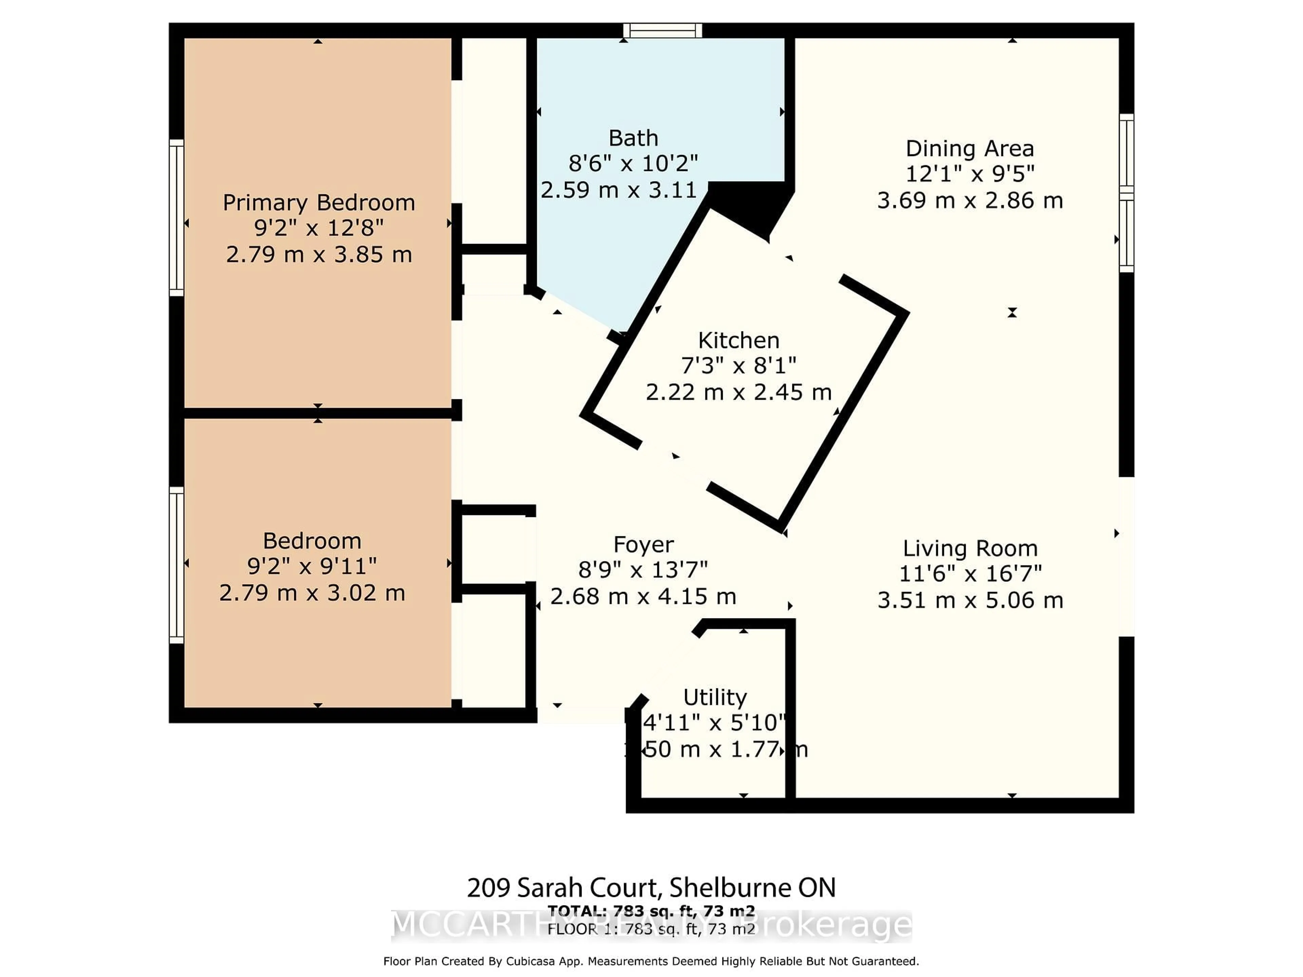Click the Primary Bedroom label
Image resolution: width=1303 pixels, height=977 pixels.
tap(319, 203)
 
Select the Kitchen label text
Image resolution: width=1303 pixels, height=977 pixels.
tap(739, 340)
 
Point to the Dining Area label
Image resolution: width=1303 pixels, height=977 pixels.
tap(969, 148)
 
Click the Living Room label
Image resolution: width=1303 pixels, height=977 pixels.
tap(969, 548)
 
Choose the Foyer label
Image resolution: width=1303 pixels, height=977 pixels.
tap(643, 545)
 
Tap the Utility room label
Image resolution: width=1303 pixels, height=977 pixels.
tap(715, 697)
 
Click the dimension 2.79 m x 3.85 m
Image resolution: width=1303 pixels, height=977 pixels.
tap(319, 254)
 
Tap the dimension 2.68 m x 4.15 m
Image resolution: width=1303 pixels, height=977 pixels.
tap(643, 597)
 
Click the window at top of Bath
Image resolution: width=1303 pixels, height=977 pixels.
tap(663, 31)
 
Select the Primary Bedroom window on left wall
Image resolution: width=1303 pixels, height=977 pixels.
tap(176, 218)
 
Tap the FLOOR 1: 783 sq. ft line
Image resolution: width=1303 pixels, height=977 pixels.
tap(651, 929)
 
